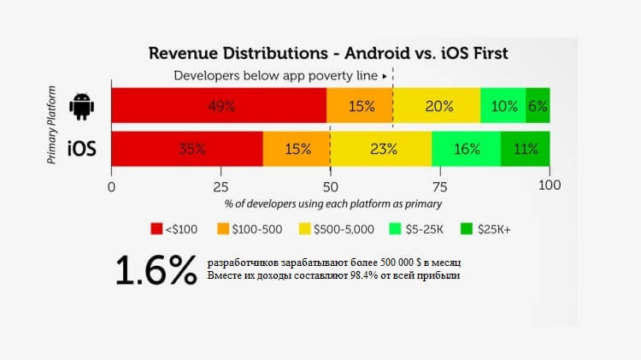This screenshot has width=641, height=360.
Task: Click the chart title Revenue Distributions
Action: point(328,53)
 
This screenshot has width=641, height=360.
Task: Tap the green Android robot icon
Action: point(82,106)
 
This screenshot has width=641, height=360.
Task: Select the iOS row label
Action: point(82,149)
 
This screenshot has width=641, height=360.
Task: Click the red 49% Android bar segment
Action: point(219,106)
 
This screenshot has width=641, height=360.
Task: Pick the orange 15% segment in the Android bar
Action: point(360,106)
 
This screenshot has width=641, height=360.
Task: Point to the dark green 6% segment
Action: point(538,106)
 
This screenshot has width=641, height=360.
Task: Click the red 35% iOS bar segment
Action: point(187,149)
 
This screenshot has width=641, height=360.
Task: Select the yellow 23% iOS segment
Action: point(380,149)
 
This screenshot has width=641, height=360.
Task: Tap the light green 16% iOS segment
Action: point(467,149)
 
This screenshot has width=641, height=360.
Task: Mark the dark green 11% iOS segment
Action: point(526,149)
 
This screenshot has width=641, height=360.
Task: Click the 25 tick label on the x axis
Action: point(221,186)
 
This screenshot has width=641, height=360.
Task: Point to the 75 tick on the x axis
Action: point(440,186)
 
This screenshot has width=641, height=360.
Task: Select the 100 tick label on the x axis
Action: point(550,186)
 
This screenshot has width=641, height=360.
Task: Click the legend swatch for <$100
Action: point(156,228)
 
